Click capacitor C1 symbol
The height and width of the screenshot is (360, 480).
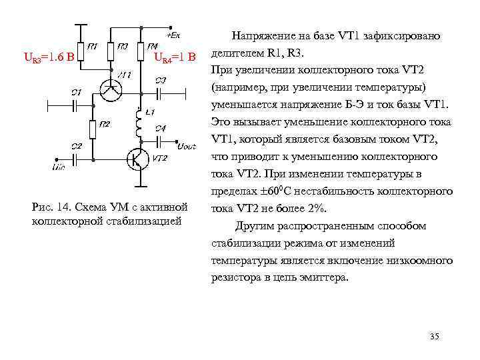tap(76, 103)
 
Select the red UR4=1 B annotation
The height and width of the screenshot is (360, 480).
tap(175, 59)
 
